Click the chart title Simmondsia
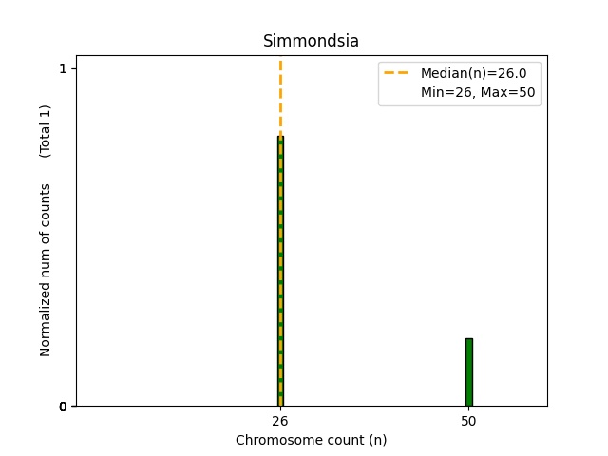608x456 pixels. [311, 41]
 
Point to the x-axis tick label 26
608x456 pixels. [280, 421]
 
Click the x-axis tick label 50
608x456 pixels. [468, 421]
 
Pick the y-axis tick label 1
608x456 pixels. [63, 68]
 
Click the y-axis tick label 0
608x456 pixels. [63, 407]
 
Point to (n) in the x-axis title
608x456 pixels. [377, 440]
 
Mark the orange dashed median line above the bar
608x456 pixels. [280, 95]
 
